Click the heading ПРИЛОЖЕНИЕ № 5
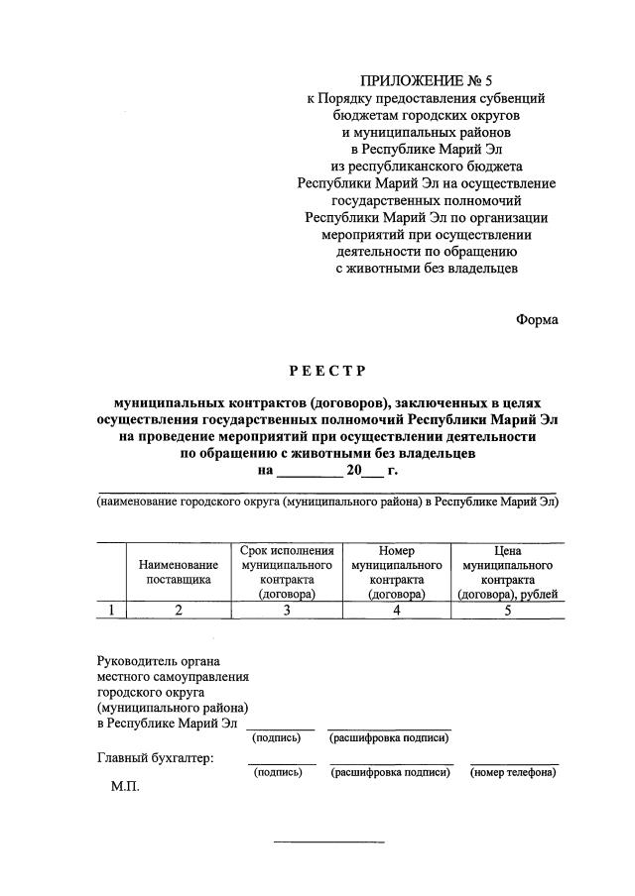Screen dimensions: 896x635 pos(427,80)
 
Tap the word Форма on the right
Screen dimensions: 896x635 pos(537,319)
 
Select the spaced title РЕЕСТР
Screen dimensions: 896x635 pos(327,372)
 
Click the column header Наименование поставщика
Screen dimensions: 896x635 pos(179,573)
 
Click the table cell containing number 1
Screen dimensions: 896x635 pos(111,611)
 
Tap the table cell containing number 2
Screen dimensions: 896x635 pos(179,611)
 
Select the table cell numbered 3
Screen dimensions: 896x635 pos(287,611)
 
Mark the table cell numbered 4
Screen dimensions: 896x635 pos(396,611)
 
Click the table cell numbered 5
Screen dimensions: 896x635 pos(507,611)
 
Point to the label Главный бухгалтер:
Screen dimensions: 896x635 pos(156,759)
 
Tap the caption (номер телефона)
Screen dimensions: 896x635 pos(513,773)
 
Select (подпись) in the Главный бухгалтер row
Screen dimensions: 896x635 pos(278,773)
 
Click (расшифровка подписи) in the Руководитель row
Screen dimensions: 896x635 pos(389,737)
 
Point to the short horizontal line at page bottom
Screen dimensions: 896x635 pos(328,841)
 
